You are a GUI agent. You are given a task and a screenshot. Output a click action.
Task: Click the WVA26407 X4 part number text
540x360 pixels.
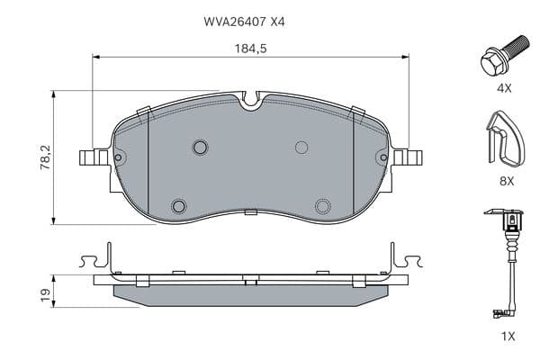(x=244, y=22)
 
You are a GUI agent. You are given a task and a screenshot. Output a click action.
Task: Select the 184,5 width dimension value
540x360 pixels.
(x=251, y=49)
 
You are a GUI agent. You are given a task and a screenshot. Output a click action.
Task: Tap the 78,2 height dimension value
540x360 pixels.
(x=45, y=157)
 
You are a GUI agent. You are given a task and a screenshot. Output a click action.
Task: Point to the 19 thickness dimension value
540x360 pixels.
(x=45, y=295)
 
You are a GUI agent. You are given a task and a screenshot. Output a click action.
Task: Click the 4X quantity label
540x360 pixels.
(x=504, y=88)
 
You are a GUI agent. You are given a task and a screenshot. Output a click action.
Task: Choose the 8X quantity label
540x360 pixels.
(x=507, y=181)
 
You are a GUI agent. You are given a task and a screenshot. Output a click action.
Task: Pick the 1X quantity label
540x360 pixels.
(x=508, y=336)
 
